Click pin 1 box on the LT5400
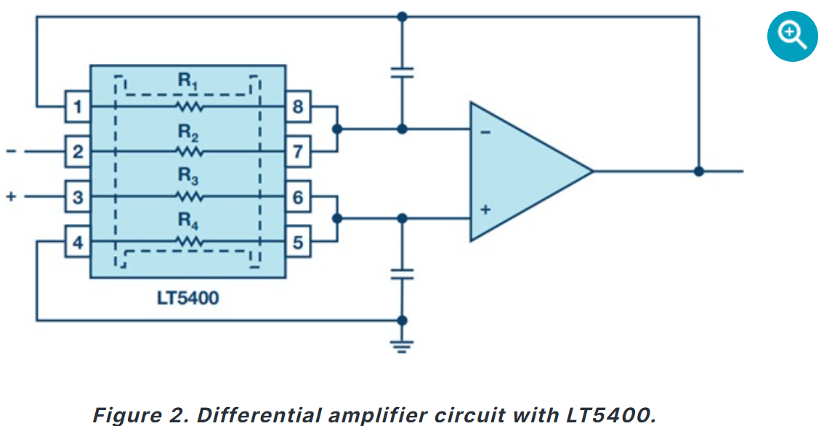tap(78, 107)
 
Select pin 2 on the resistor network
tap(78, 152)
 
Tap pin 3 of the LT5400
tap(78, 197)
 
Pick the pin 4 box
tap(78, 242)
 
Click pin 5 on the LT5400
tap(298, 242)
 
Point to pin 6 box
tap(298, 197)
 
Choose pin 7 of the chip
tap(298, 152)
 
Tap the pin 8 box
tap(298, 107)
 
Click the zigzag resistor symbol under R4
tap(189, 242)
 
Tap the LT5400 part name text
tap(187, 298)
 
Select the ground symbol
tap(402, 346)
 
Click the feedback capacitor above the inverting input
tap(402, 73)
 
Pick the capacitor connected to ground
tap(402, 275)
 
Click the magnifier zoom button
tap(793, 36)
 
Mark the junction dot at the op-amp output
tap(698, 172)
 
